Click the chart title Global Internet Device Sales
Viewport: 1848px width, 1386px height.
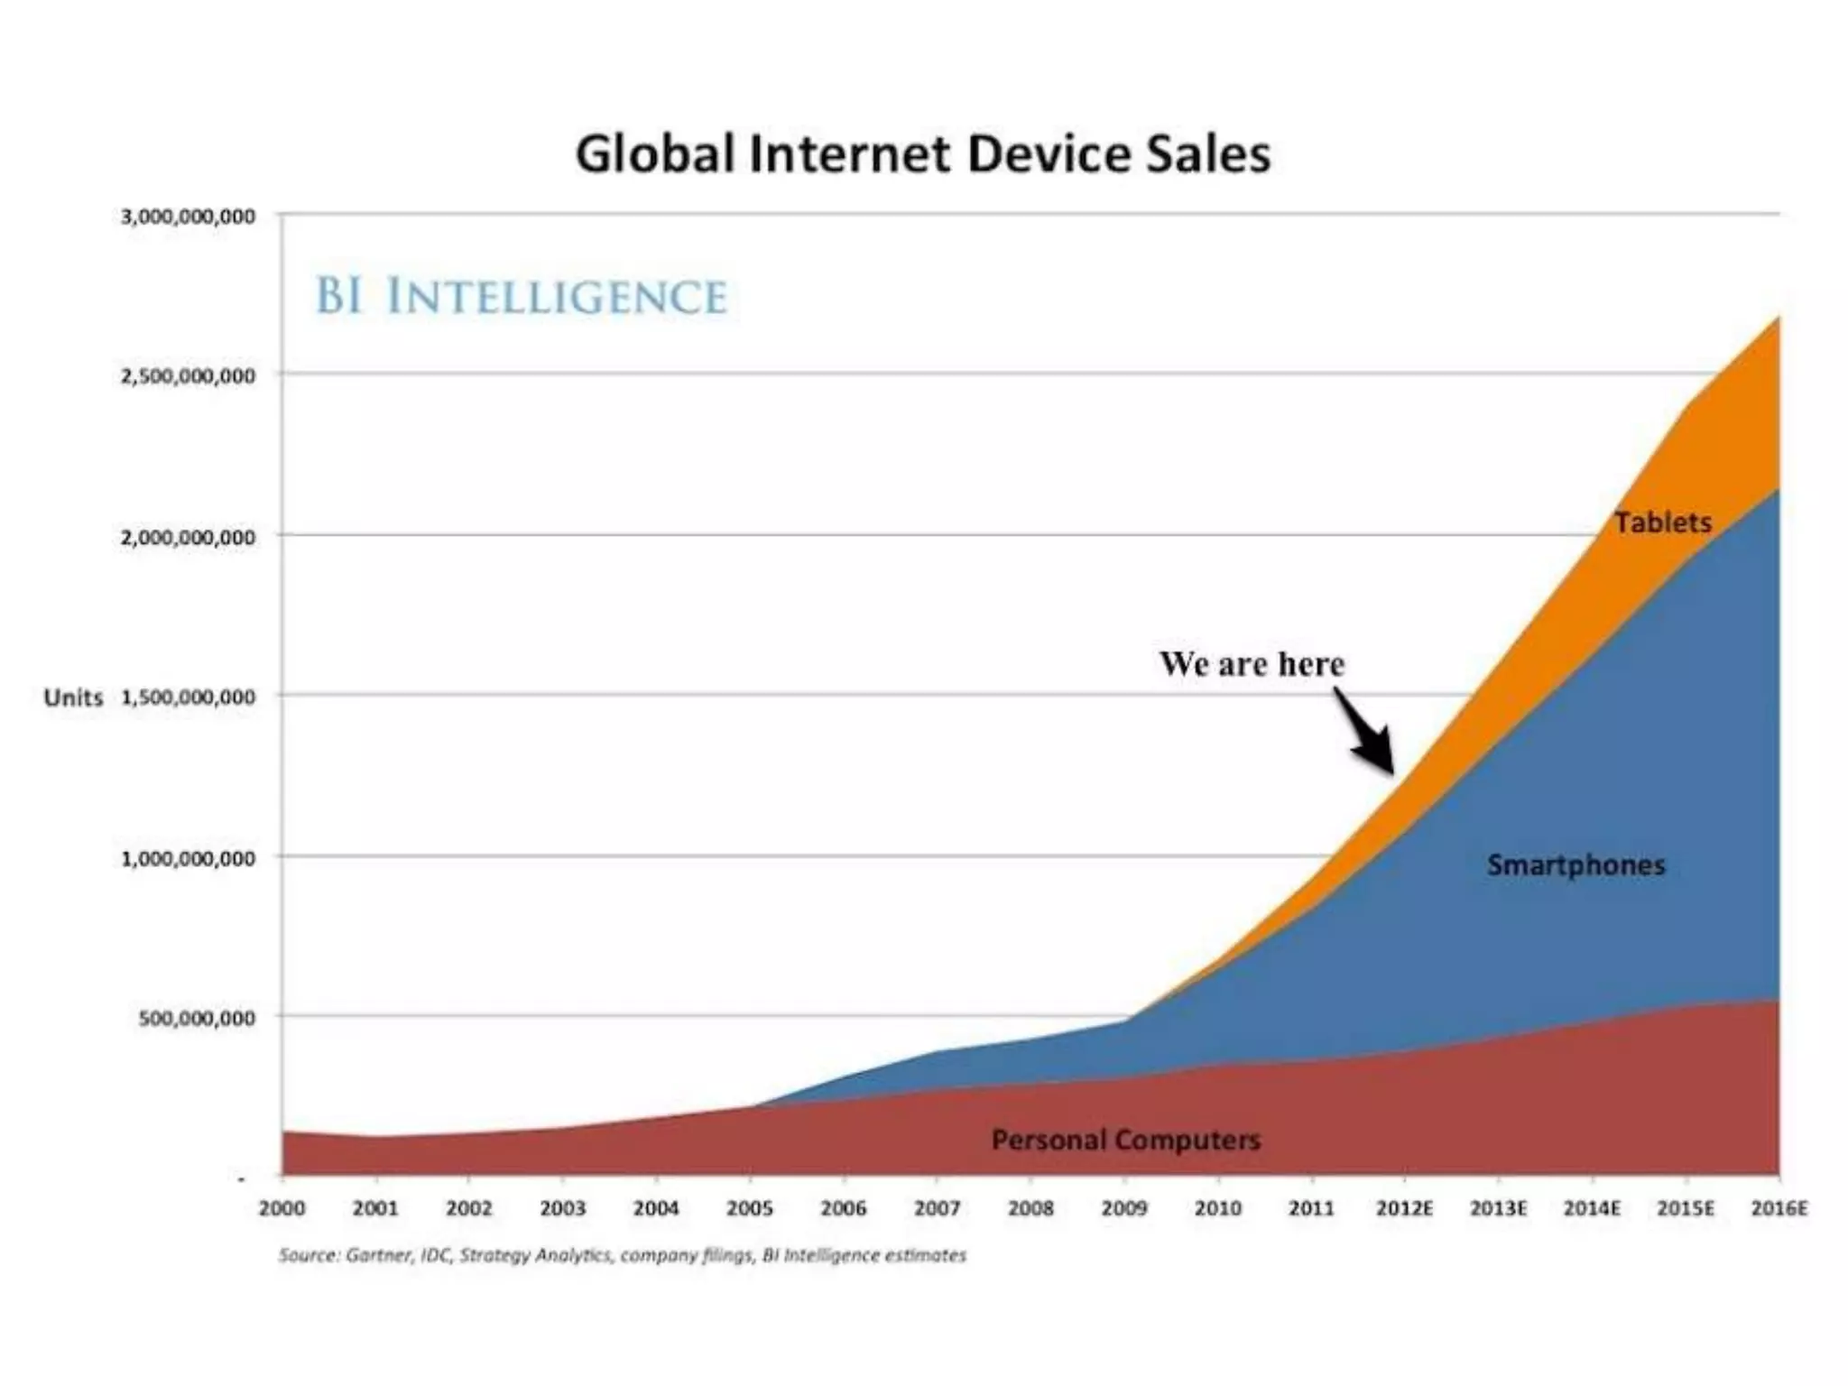point(922,153)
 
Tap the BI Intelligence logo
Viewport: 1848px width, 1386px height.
point(521,297)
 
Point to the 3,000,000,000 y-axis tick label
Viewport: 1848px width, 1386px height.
point(188,217)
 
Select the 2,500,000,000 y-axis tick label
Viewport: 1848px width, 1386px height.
point(188,376)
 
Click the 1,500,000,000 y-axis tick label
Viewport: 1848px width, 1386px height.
point(188,697)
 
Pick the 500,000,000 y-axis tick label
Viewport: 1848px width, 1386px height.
point(197,1018)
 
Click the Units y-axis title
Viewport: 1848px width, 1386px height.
point(73,698)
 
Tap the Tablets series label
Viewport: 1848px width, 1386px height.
point(1662,522)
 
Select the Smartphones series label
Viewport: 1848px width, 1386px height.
point(1575,864)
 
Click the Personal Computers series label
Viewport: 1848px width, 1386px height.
point(1125,1140)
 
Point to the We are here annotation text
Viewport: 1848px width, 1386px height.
point(1252,664)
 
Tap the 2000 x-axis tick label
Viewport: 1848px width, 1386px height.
point(282,1208)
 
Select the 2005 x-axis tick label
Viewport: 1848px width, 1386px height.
point(750,1208)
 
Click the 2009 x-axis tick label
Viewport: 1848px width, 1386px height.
point(1124,1208)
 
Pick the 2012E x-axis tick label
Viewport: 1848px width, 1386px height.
point(1404,1208)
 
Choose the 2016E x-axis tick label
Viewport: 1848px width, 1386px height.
point(1779,1208)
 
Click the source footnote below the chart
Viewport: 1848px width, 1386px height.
point(622,1255)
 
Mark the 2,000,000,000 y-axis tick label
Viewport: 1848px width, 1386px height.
point(188,537)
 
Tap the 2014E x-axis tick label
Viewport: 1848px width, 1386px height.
point(1592,1208)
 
